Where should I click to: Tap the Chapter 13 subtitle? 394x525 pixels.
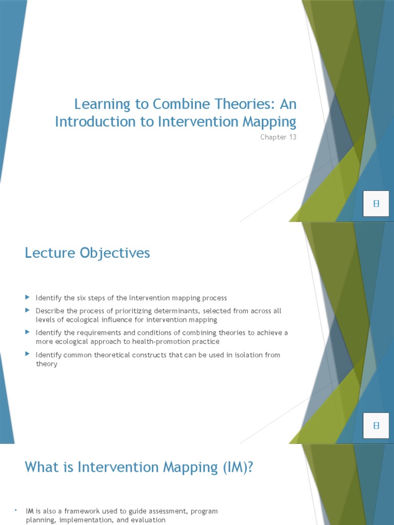[279, 137]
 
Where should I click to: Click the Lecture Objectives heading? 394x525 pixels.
[87, 253]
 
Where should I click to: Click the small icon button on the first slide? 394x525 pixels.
[376, 204]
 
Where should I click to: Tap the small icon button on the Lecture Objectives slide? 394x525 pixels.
[376, 426]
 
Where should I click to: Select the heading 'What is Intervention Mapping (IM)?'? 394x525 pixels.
[139, 468]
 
